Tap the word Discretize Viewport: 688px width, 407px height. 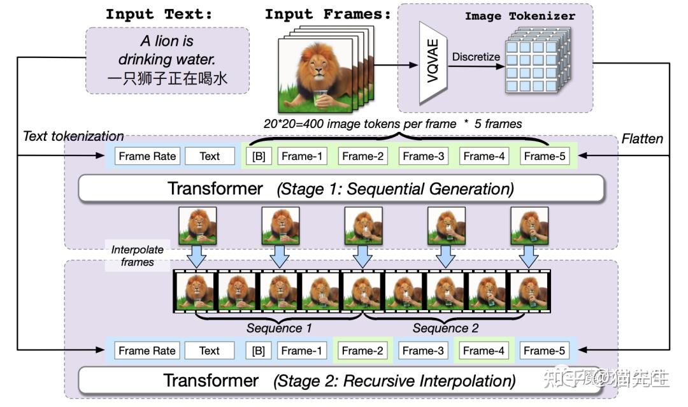(x=476, y=57)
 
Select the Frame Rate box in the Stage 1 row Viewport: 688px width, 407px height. (x=147, y=156)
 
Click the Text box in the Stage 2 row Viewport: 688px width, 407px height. (x=209, y=350)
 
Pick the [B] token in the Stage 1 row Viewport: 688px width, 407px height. (x=259, y=156)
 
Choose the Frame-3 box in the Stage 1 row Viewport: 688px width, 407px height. (x=424, y=156)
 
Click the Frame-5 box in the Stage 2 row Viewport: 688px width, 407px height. (x=543, y=350)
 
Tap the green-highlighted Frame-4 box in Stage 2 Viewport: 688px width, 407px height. (x=484, y=350)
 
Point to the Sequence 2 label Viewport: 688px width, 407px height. (x=445, y=329)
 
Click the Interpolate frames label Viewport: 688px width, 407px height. (x=137, y=255)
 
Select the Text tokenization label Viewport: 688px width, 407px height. (x=73, y=136)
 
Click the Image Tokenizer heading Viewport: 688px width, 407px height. (x=520, y=15)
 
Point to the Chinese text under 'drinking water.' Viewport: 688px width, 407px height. (x=167, y=79)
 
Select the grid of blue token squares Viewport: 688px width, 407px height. (x=533, y=64)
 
